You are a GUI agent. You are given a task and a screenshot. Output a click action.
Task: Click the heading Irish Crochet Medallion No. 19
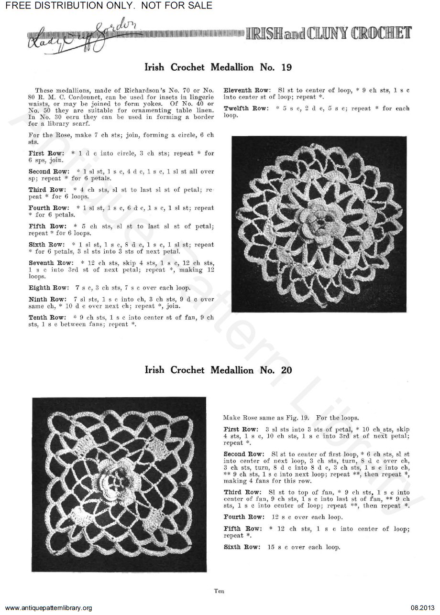pos(218,67)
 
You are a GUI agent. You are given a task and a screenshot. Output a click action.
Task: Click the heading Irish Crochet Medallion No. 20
pos(218,370)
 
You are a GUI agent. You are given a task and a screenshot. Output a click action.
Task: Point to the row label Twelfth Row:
pos(246,108)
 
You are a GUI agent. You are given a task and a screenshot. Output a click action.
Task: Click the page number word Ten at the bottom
pos(220,591)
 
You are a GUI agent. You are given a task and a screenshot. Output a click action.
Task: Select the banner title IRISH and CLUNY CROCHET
pos(329,33)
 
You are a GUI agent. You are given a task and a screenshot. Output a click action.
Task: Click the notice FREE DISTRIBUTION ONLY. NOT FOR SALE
pos(106,6)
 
